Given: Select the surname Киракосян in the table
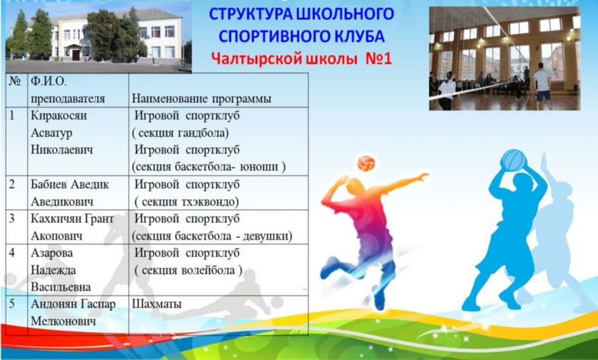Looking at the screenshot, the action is (x=59, y=116).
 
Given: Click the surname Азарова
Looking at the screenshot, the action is (x=52, y=253).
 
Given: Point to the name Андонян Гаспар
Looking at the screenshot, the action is (x=73, y=304).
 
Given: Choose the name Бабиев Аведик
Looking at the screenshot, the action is (x=70, y=185).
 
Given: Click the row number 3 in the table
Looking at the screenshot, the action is (x=12, y=218).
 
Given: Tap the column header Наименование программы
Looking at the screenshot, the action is (x=201, y=99).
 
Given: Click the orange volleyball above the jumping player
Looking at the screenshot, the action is (x=366, y=163).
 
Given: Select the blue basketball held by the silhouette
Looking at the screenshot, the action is (x=514, y=160).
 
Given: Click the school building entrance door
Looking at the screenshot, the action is (x=76, y=55).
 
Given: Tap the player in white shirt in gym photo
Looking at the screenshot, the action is (x=542, y=86).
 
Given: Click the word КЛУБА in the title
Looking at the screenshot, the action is (x=363, y=36).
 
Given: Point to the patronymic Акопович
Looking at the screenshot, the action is (x=56, y=236).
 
